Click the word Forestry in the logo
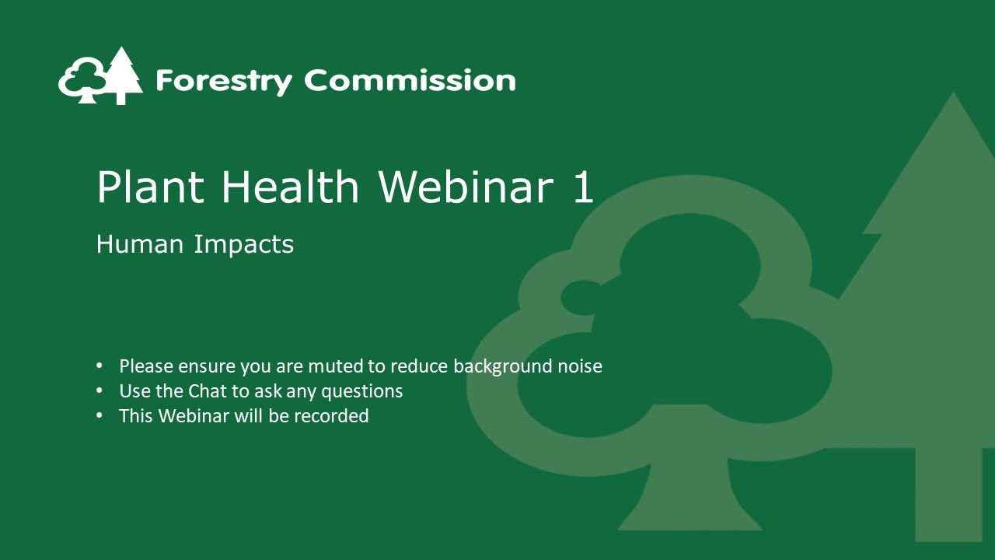pyautogui.click(x=224, y=81)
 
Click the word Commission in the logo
pyautogui.click(x=410, y=80)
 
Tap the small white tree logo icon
pyautogui.click(x=100, y=77)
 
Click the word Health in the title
pyautogui.click(x=291, y=187)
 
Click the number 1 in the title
pyautogui.click(x=583, y=187)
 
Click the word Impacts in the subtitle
pyautogui.click(x=244, y=244)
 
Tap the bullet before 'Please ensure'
pyautogui.click(x=99, y=366)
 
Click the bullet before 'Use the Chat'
pyautogui.click(x=99, y=390)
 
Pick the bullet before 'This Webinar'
pyautogui.click(x=99, y=415)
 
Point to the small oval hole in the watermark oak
pyautogui.click(x=583, y=297)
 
